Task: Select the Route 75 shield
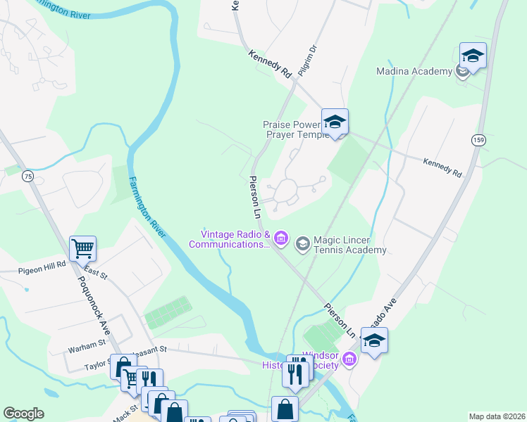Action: (x=27, y=175)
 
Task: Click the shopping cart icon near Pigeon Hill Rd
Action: (x=82, y=248)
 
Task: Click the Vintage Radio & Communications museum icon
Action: (x=281, y=239)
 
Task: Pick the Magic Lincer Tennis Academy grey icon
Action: (x=303, y=244)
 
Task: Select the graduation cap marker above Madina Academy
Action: (x=473, y=55)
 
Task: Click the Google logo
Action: (x=23, y=414)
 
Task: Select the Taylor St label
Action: (x=98, y=366)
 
